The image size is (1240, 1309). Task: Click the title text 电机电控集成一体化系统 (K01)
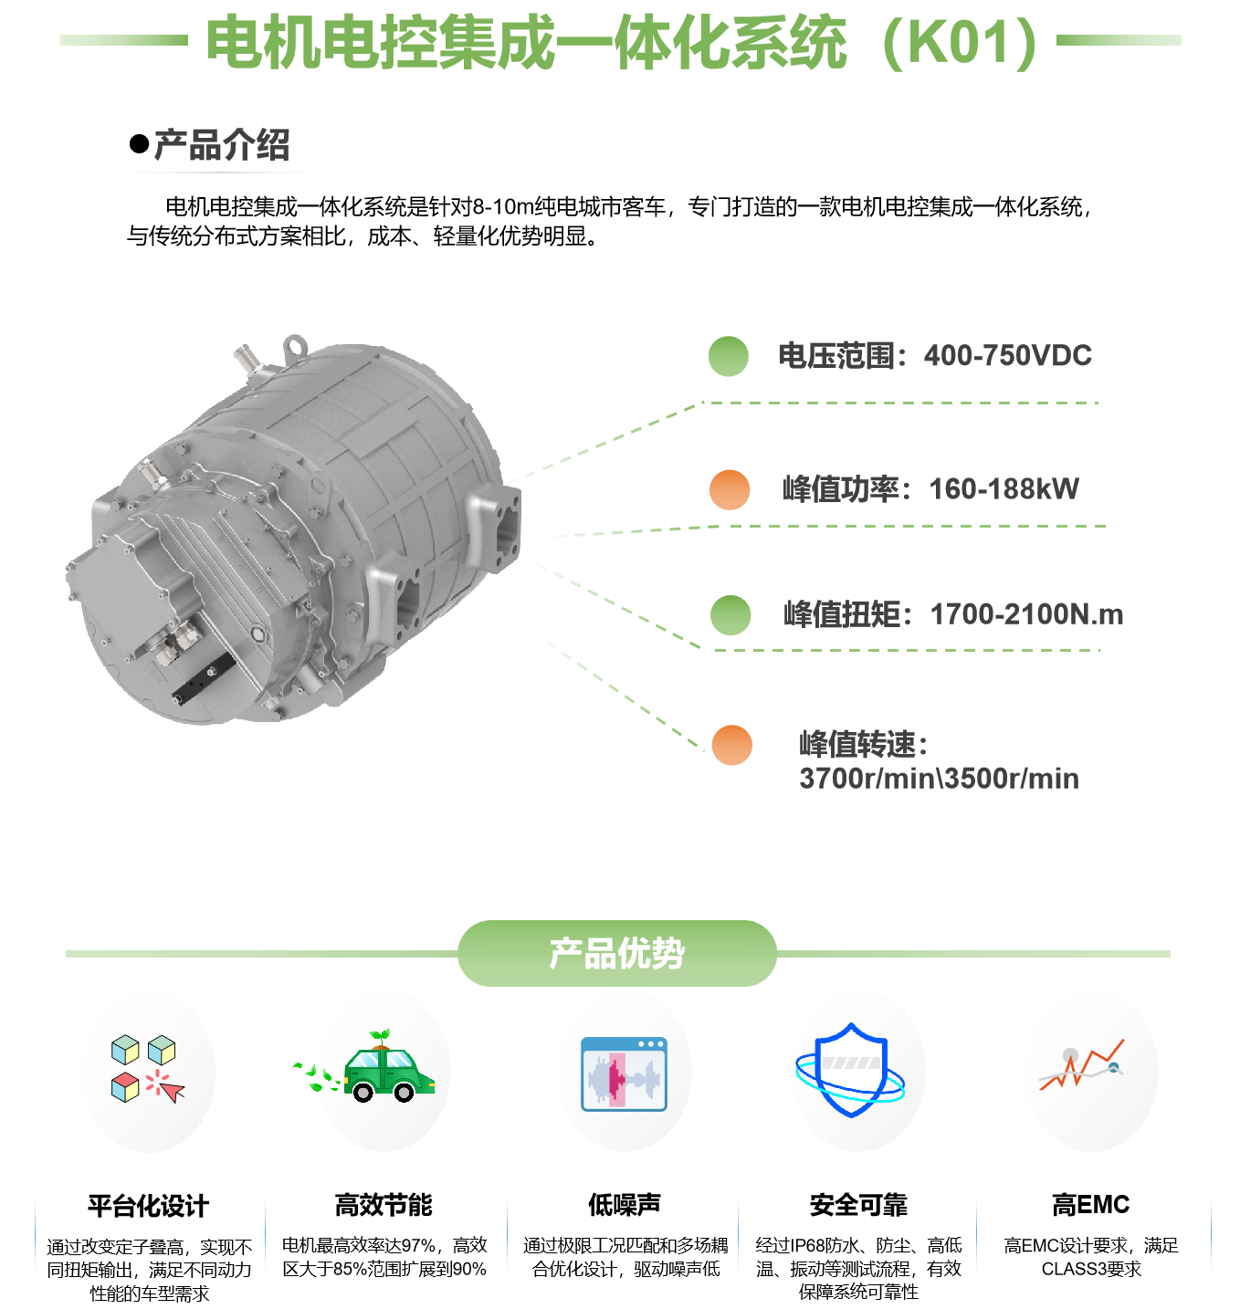[621, 42]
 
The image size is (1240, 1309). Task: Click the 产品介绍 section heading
[222, 145]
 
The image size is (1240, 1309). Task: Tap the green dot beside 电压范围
[729, 356]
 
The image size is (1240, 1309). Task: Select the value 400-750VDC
[1007, 355]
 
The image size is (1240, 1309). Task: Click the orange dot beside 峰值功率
[730, 489]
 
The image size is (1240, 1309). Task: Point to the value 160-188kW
[1004, 489]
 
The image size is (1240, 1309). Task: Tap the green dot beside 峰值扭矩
[730, 614]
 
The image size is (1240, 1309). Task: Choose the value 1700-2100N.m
[1026, 614]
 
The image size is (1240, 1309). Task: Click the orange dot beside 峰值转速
[731, 745]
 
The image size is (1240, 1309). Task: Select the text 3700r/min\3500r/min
[939, 779]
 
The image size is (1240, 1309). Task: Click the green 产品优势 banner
[616, 953]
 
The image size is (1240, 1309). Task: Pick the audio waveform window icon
[625, 1073]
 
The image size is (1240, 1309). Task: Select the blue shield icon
[851, 1070]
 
